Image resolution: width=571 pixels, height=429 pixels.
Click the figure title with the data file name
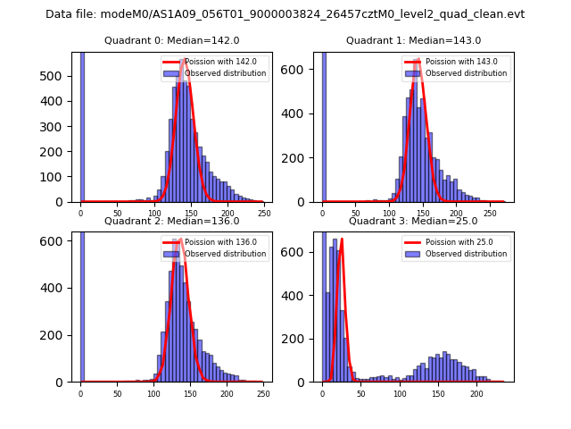pyautogui.click(x=285, y=14)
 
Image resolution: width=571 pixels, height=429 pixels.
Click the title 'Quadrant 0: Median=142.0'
pyautogui.click(x=171, y=40)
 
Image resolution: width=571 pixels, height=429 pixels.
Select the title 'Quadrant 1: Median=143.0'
pyautogui.click(x=413, y=40)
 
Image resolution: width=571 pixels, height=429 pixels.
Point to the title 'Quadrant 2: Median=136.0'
pyautogui.click(x=171, y=221)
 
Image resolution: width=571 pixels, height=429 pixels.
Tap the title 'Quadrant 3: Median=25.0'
pyautogui.click(x=413, y=221)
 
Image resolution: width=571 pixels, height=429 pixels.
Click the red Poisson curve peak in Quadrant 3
pyautogui.click(x=342, y=240)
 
